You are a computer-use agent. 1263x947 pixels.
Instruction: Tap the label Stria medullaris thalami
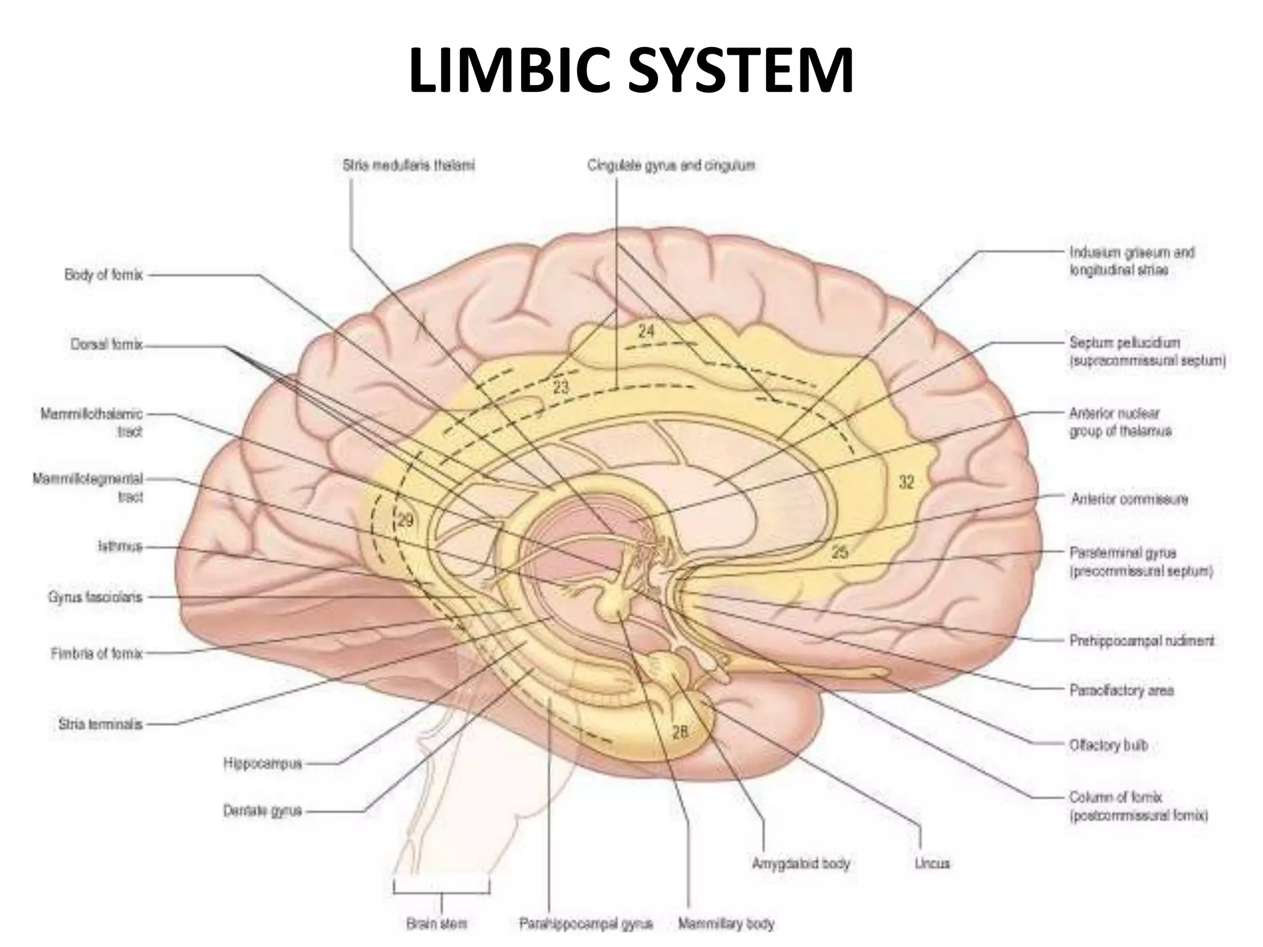click(x=408, y=165)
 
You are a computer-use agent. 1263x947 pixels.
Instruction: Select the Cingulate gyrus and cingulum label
click(x=671, y=165)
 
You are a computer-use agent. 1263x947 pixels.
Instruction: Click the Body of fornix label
click(x=103, y=274)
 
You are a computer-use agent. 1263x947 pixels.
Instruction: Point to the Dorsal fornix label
click(x=106, y=345)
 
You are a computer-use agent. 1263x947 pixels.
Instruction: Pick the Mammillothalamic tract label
click(x=92, y=422)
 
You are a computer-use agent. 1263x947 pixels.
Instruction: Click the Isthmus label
click(x=120, y=546)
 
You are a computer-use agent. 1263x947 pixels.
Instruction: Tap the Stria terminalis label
click(x=100, y=724)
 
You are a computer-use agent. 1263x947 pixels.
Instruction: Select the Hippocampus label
click(x=263, y=764)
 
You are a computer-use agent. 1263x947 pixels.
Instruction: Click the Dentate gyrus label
click(x=262, y=811)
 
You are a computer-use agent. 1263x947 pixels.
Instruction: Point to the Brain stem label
click(x=437, y=923)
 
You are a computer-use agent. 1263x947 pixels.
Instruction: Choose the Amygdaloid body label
click(x=800, y=863)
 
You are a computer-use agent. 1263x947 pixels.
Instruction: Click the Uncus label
click(x=932, y=863)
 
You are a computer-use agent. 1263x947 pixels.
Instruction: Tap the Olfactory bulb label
click(x=1108, y=745)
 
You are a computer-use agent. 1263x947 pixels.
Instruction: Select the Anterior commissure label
click(x=1129, y=498)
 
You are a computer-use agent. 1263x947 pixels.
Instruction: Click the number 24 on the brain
click(x=646, y=332)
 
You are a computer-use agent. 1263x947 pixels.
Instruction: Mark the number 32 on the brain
click(x=905, y=482)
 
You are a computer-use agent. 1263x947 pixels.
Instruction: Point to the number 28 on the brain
click(x=680, y=732)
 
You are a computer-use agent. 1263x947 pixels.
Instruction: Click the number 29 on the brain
click(x=405, y=520)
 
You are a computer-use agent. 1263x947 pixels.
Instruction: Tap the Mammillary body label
click(x=726, y=923)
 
